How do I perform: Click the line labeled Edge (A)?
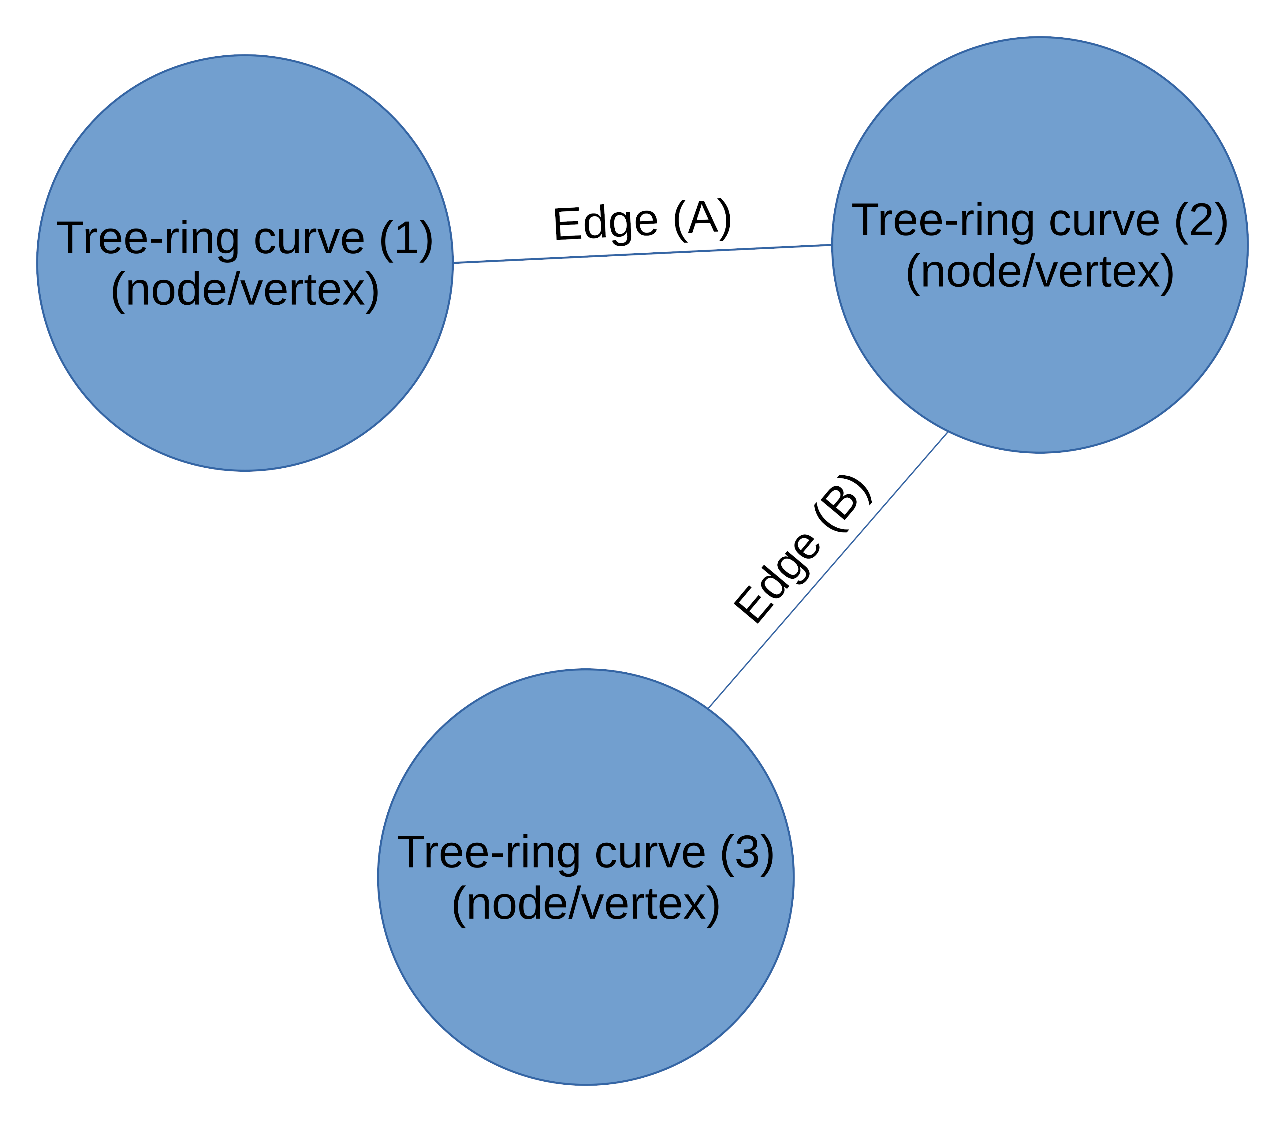[642, 254]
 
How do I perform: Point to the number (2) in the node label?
[1201, 220]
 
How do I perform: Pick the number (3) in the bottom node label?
[747, 853]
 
